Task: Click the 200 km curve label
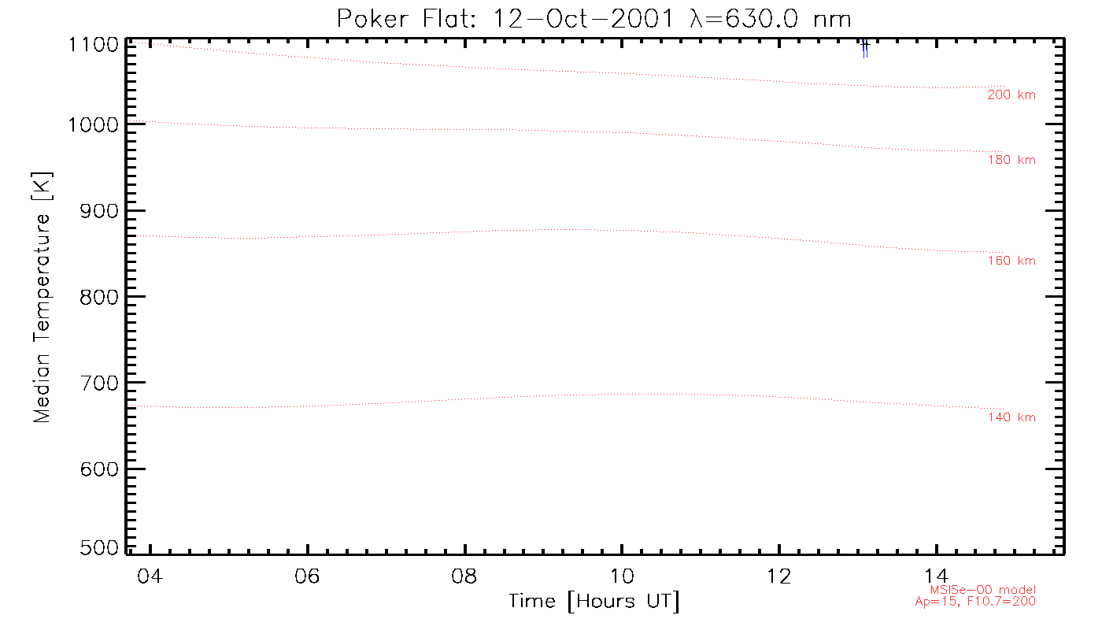pos(1011,95)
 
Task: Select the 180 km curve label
pos(1011,161)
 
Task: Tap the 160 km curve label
pos(1011,261)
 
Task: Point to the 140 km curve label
pos(1011,417)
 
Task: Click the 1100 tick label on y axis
pos(94,44)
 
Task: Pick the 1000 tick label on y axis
pos(94,124)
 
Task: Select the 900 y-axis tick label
pos(99,210)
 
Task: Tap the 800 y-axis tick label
pos(99,297)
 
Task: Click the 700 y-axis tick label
pos(99,383)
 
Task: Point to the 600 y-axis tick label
pos(99,469)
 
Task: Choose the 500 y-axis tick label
pos(99,548)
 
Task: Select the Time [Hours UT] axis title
pos(594,602)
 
